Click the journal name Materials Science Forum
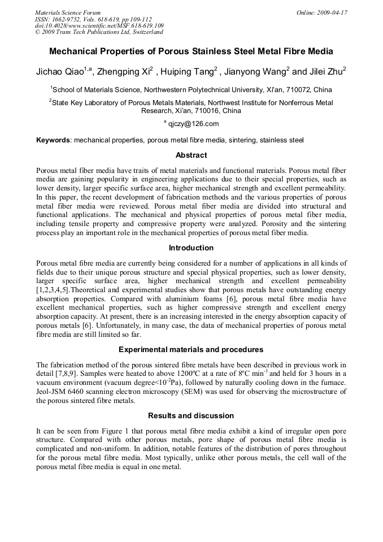(68, 12)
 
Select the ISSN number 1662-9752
(71, 19)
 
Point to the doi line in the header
(99, 25)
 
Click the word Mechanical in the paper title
(73, 51)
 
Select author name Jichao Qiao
(59, 72)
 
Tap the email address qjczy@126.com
(193, 124)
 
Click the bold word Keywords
(53, 140)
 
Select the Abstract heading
(191, 155)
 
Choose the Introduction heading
(191, 248)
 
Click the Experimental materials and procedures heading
(191, 349)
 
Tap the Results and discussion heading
(191, 415)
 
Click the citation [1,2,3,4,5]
(55, 290)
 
